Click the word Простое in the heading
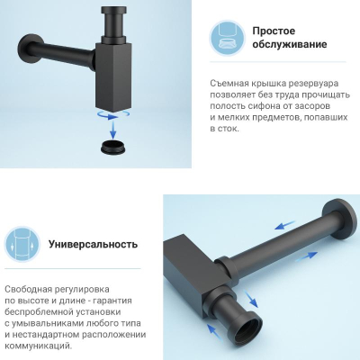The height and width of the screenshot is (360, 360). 274,31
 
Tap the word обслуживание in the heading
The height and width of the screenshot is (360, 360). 290,44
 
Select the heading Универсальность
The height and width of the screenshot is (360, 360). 93,244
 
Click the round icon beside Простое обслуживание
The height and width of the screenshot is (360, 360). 227,38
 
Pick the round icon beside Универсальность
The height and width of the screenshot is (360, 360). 22,244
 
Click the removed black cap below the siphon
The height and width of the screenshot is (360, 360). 113,148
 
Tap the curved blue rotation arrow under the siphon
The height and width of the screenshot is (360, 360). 113,114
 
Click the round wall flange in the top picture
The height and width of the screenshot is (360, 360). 28,49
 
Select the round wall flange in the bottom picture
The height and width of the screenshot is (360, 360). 339,218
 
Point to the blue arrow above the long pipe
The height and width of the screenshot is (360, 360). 284,225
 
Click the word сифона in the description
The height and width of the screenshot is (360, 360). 262,106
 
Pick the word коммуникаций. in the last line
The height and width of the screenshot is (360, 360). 39,346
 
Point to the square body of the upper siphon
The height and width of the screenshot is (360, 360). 113,77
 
